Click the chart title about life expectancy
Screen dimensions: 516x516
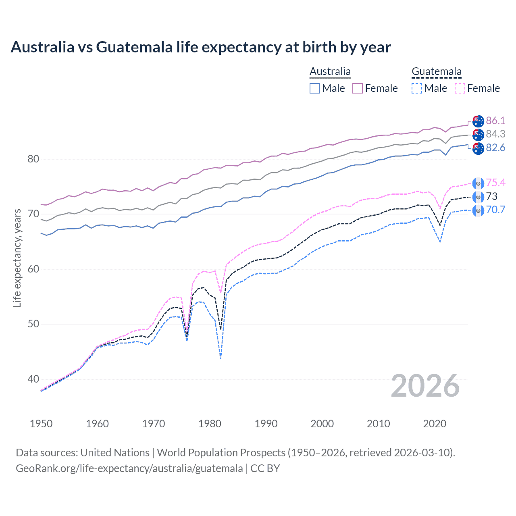point(201,47)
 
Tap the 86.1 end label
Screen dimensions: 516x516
point(495,121)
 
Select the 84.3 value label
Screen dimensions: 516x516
point(495,134)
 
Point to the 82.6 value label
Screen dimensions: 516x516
point(495,148)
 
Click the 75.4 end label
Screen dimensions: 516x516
point(495,183)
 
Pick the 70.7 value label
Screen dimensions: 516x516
point(495,210)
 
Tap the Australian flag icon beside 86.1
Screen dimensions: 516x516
point(478,121)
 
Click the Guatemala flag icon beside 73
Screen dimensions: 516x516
point(478,197)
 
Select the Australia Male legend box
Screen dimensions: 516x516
point(315,88)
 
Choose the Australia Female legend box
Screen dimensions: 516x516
point(358,88)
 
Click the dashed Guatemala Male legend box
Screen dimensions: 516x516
point(417,88)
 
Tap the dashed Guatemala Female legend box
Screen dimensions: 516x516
point(460,88)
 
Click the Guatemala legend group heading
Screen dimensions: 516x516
point(436,72)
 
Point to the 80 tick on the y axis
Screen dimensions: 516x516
point(33,159)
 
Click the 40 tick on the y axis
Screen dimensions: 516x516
point(33,379)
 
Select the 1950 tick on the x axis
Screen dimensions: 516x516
point(41,424)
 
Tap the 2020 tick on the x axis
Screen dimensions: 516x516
point(435,424)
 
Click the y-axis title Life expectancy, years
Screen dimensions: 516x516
point(17,258)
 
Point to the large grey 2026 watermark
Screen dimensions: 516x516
point(425,386)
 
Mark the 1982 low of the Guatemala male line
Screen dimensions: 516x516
point(221,358)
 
